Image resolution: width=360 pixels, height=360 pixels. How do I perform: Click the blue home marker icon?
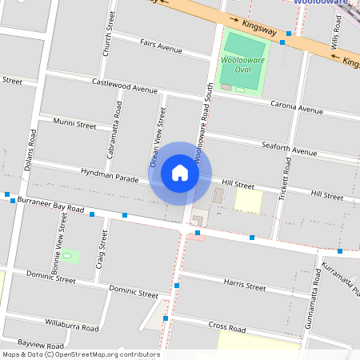tap(180, 173)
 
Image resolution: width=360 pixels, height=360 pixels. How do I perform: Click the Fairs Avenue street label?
tap(161, 47)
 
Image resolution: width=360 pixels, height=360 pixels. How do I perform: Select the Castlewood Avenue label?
tap(125, 86)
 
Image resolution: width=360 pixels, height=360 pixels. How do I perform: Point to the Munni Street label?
tap(74, 125)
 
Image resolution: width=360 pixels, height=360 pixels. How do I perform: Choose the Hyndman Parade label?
tap(110, 174)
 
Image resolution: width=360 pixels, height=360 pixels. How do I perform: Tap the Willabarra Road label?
tap(72, 327)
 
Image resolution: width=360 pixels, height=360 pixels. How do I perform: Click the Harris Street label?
tap(245, 285)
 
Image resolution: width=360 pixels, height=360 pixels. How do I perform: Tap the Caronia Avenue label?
tap(296, 106)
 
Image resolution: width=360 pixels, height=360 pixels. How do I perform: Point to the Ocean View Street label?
tap(158, 138)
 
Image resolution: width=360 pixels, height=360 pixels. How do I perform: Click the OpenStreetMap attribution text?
tap(80, 354)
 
